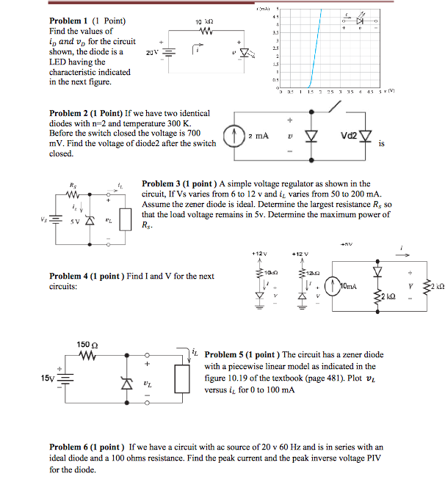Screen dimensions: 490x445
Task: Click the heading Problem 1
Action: point(70,21)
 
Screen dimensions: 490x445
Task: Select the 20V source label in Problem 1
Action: point(152,53)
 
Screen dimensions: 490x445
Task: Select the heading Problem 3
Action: point(162,184)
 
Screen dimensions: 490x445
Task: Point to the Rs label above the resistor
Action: point(71,185)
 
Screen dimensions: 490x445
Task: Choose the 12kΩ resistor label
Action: point(313,272)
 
